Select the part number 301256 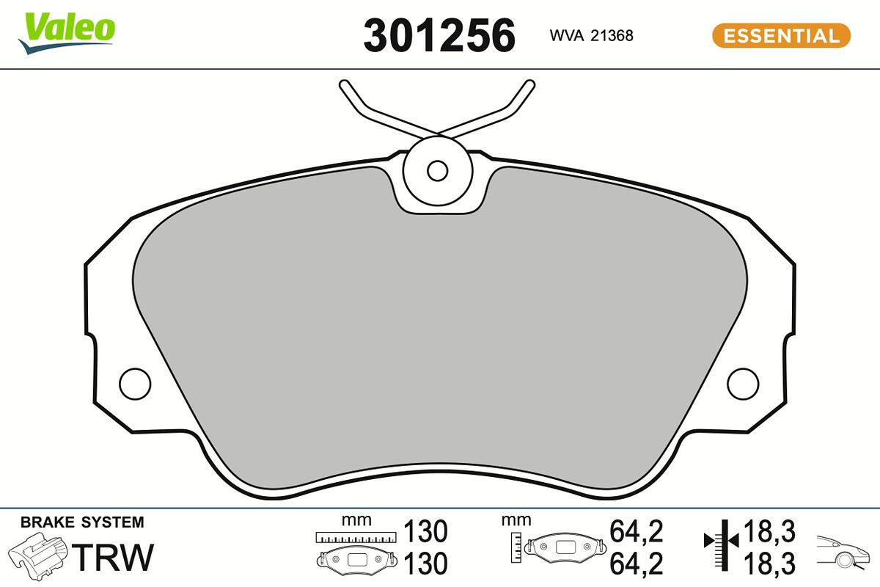click(x=439, y=36)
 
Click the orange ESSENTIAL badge click(x=781, y=36)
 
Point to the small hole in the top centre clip click(x=437, y=171)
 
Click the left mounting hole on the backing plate click(x=135, y=382)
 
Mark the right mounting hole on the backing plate click(x=743, y=382)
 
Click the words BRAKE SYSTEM click(x=82, y=522)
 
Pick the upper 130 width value click(x=425, y=531)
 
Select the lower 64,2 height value click(x=636, y=564)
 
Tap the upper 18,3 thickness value click(x=771, y=531)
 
